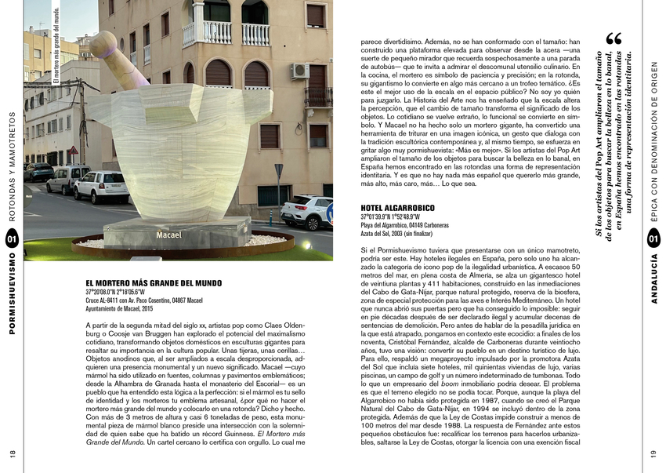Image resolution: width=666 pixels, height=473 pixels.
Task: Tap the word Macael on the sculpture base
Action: coord(168,235)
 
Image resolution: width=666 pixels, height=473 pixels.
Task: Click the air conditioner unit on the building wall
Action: coord(300,71)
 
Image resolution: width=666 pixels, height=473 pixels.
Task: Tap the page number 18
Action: coord(13,453)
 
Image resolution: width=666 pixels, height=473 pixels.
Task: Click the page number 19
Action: coord(653,453)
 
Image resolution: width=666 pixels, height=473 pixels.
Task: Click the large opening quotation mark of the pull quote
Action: coord(614,39)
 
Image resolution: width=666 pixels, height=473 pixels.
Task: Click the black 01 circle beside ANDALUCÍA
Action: coord(653,238)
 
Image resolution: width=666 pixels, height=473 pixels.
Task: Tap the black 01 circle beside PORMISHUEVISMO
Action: coord(12,238)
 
